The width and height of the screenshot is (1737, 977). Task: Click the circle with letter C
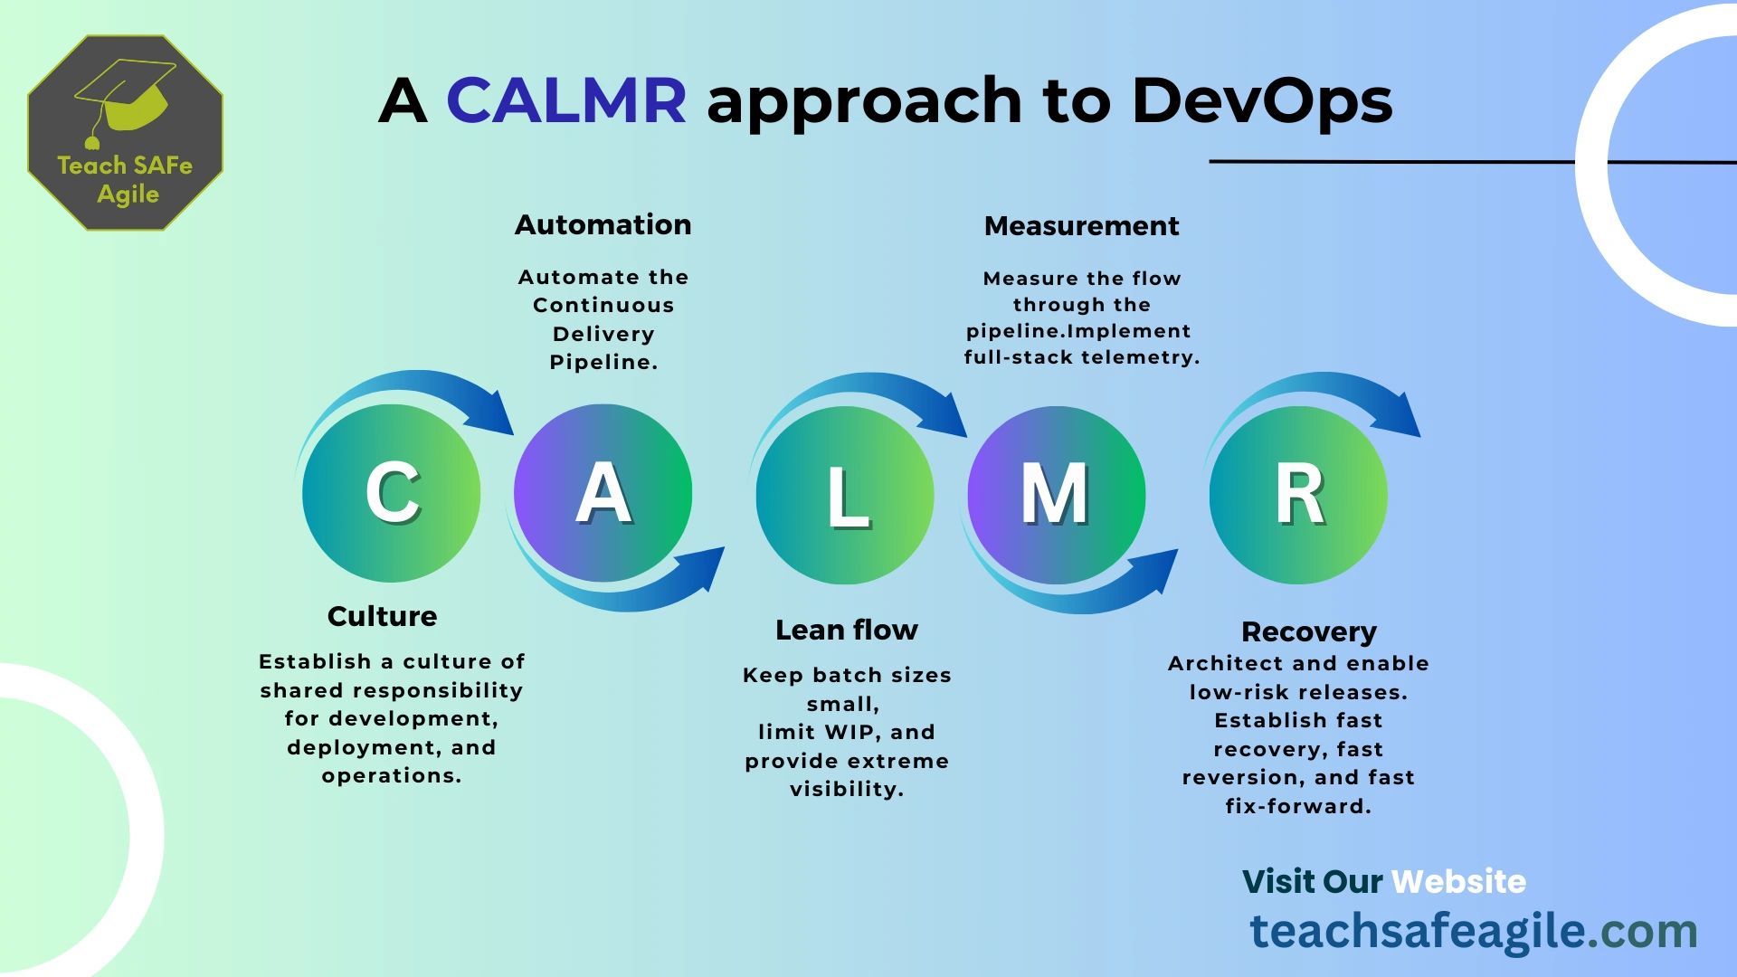pyautogui.click(x=391, y=493)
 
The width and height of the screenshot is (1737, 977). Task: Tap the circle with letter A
pyautogui.click(x=603, y=493)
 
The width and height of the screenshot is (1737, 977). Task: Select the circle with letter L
pyautogui.click(x=845, y=495)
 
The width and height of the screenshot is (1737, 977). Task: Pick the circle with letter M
pyautogui.click(x=1056, y=495)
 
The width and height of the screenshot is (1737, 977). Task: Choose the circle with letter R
pyautogui.click(x=1298, y=495)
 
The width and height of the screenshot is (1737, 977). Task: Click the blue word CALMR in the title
pyautogui.click(x=566, y=100)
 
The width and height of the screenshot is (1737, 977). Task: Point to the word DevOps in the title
pyautogui.click(x=1261, y=100)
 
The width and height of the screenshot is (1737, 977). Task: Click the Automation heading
pyautogui.click(x=603, y=224)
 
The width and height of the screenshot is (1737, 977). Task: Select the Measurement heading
pyautogui.click(x=1081, y=225)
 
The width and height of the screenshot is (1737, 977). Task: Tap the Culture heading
pyautogui.click(x=382, y=616)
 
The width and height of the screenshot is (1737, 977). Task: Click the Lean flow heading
pyautogui.click(x=846, y=630)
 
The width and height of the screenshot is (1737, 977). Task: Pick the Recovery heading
pyautogui.click(x=1308, y=631)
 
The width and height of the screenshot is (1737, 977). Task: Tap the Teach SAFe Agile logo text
pyautogui.click(x=126, y=179)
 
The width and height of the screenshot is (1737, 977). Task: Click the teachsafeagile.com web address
pyautogui.click(x=1473, y=931)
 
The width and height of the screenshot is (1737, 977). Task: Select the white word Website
pyautogui.click(x=1458, y=881)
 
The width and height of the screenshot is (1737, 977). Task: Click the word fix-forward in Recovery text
pyautogui.click(x=1297, y=806)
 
